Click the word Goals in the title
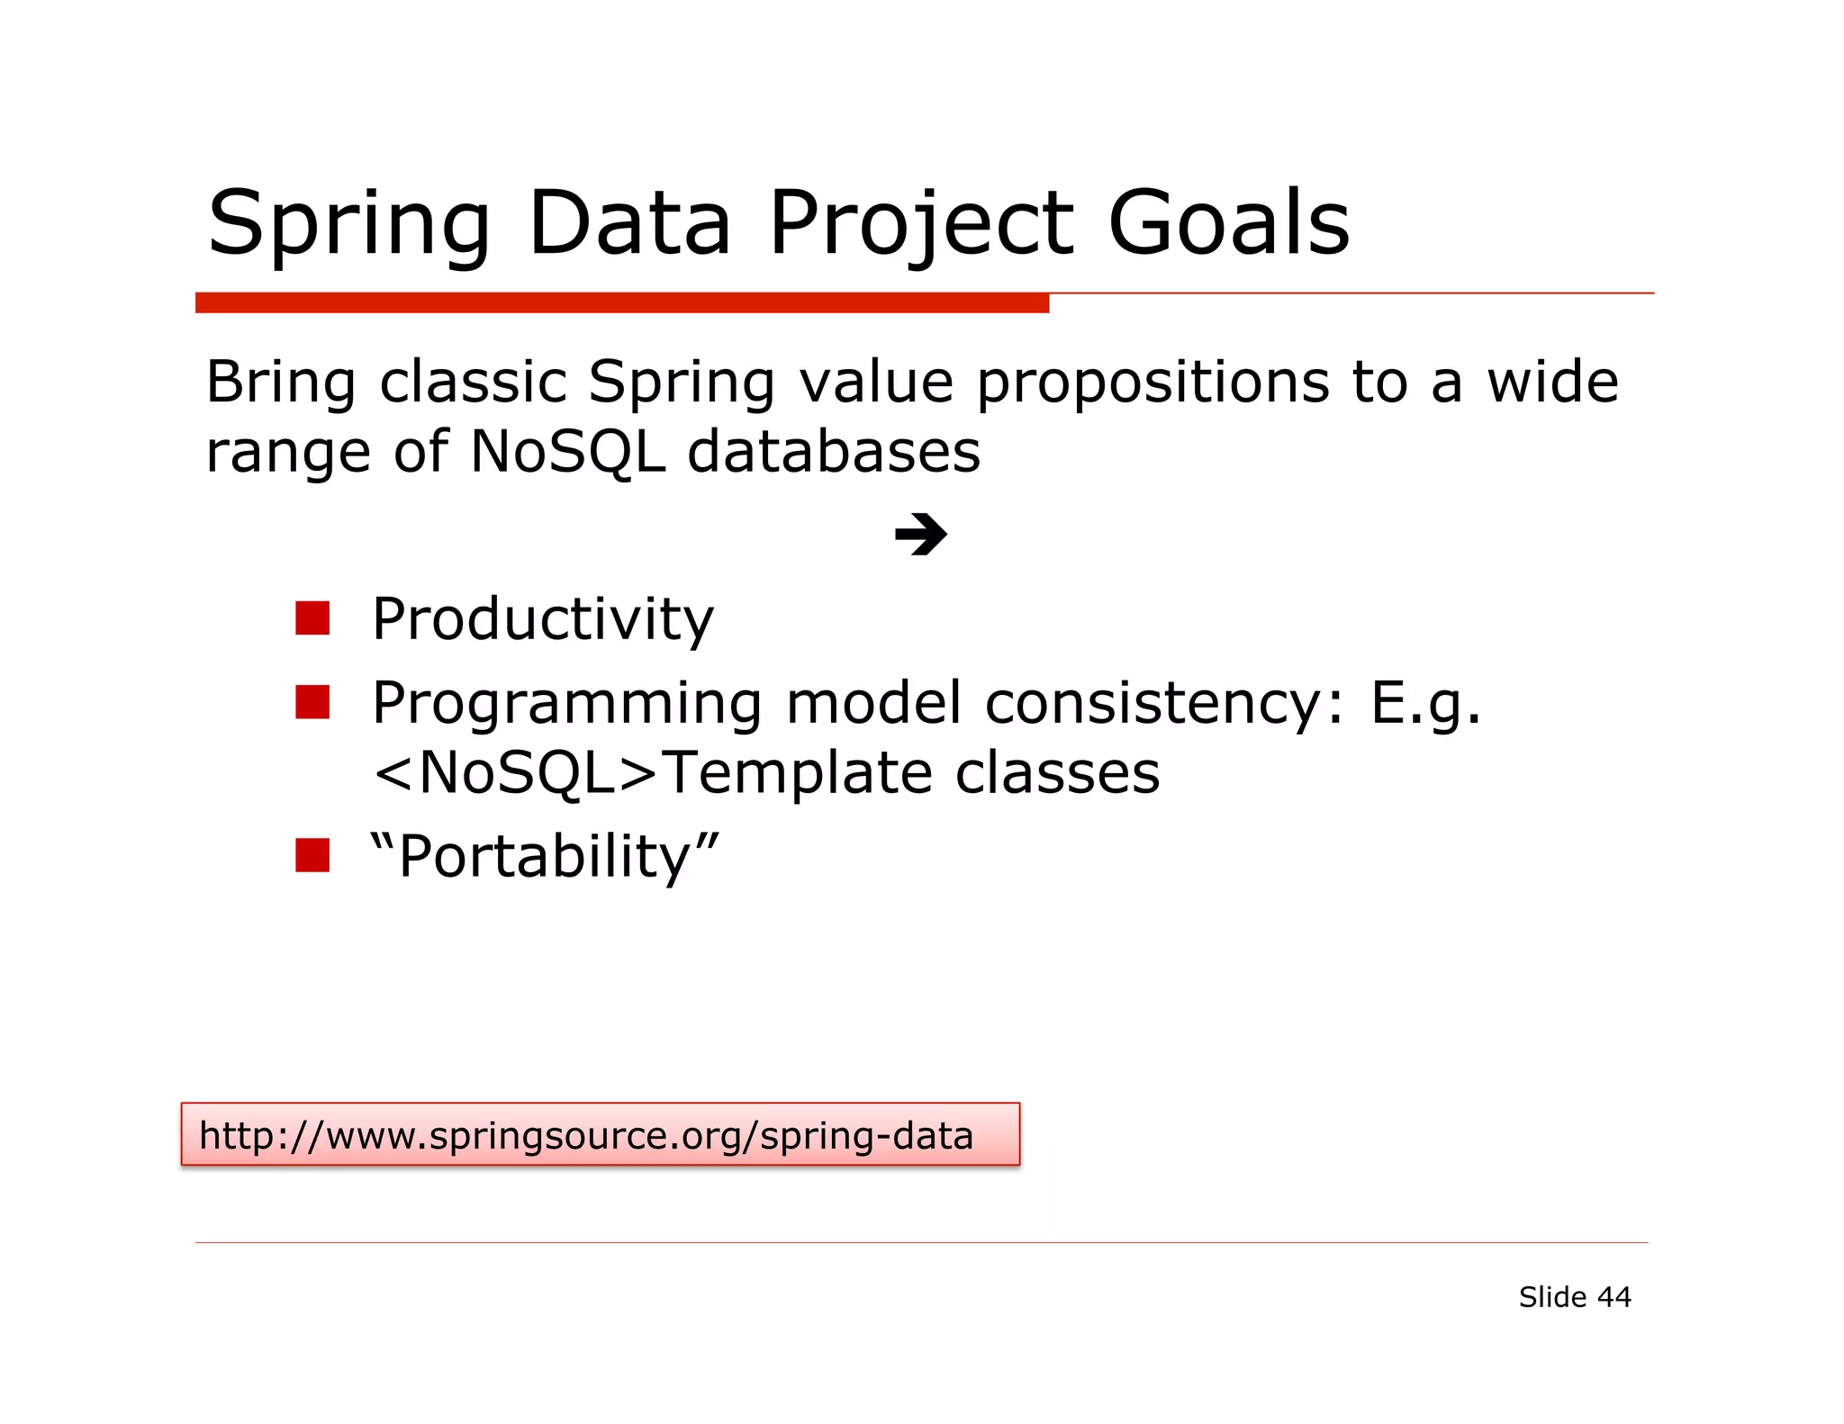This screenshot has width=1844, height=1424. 1228,222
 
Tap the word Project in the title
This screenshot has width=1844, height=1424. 920,222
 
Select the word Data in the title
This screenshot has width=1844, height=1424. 629,222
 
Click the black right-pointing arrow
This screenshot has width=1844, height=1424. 920,535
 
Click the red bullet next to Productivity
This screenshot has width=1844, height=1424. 312,618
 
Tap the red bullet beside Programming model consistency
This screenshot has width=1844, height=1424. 312,702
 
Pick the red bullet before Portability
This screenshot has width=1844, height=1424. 312,855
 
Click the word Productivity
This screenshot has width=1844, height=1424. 543,619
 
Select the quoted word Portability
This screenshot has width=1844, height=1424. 545,855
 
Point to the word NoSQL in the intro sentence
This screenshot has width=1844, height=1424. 567,451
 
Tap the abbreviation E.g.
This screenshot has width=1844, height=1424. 1424,703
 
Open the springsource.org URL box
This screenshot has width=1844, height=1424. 600,1134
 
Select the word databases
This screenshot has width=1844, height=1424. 833,451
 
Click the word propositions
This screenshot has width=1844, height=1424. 1152,383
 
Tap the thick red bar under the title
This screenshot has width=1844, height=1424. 621,302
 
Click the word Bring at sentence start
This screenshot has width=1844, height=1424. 281,383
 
